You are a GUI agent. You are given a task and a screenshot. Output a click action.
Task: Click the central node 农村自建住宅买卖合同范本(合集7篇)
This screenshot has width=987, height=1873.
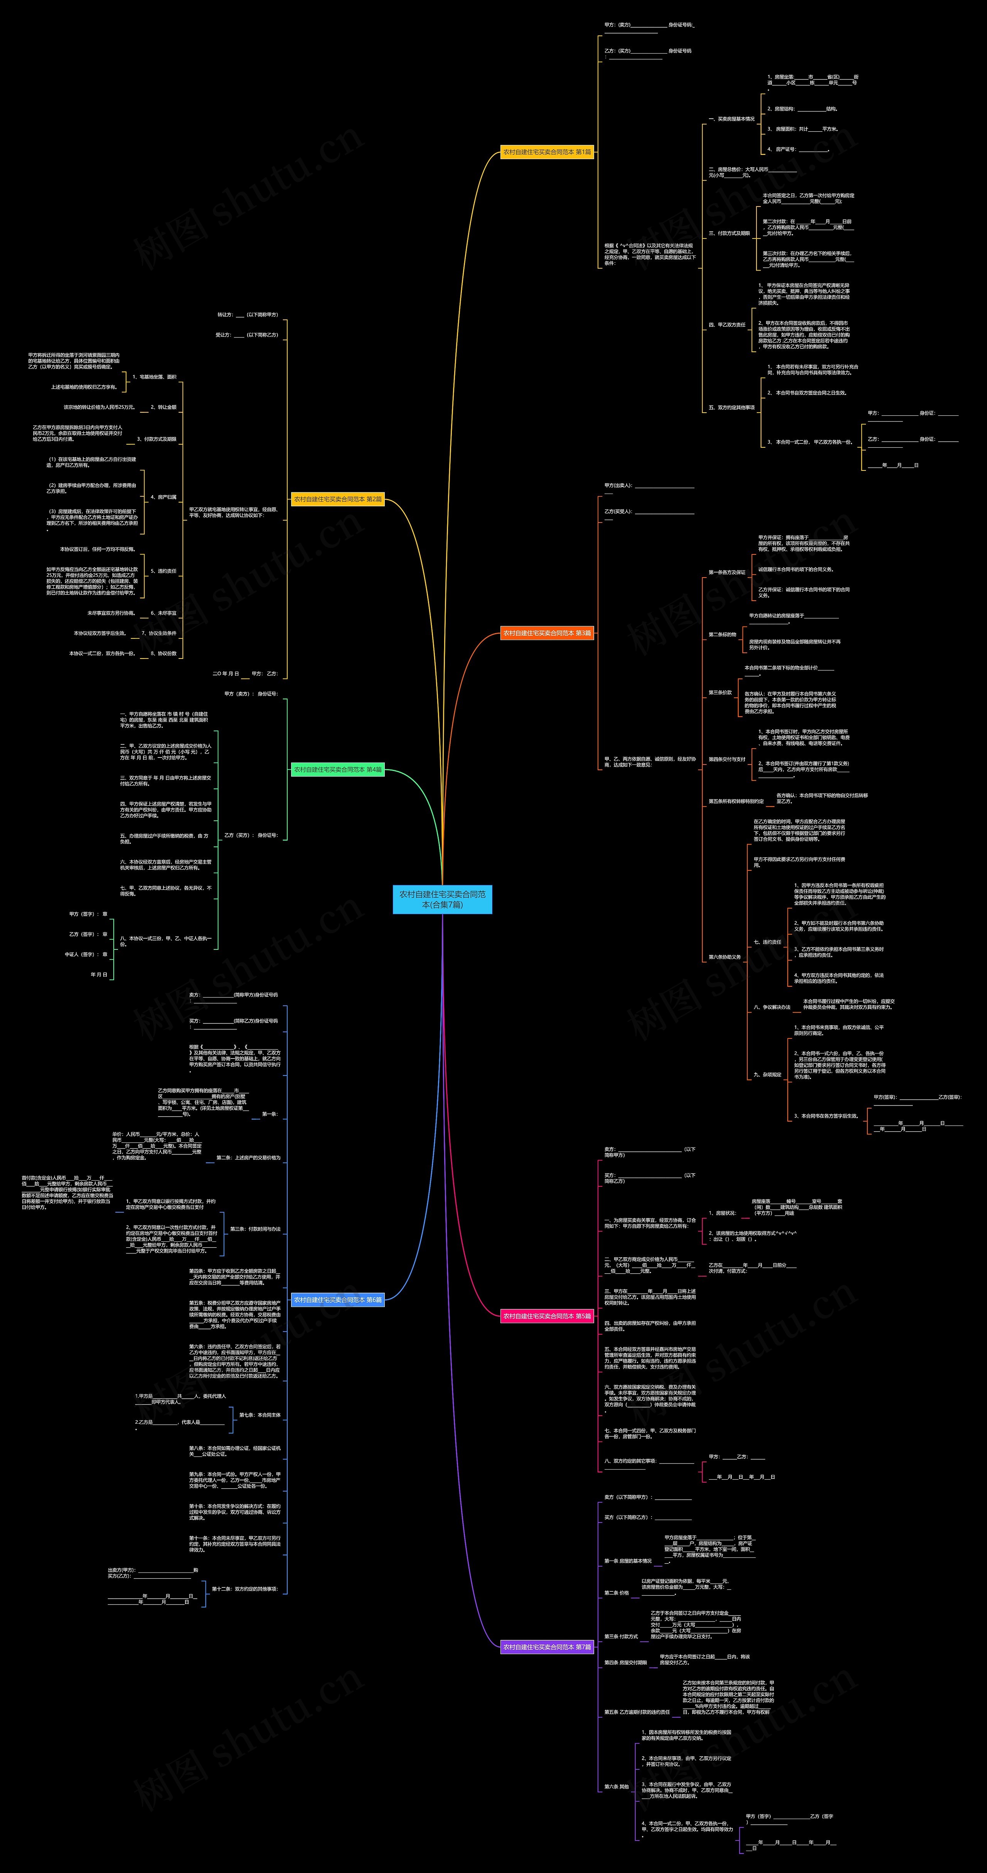coord(442,899)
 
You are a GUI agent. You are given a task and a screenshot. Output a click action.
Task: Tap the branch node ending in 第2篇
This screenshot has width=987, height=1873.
coord(337,499)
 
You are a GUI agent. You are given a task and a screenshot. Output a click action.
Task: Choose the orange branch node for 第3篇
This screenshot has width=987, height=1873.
coord(547,633)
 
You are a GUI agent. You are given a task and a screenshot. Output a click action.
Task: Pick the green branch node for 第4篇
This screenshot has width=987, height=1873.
coord(337,769)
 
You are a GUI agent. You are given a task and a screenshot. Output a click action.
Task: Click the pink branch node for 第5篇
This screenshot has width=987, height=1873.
coord(547,1316)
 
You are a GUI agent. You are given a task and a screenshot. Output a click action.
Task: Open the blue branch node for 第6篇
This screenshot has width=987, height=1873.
coord(337,1299)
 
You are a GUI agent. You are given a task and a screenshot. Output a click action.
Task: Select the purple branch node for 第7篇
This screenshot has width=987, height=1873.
coord(547,1647)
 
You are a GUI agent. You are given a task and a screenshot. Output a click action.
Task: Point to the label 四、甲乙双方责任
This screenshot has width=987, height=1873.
coord(728,325)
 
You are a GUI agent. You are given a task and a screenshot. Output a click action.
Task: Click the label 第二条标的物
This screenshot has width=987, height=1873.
coord(722,635)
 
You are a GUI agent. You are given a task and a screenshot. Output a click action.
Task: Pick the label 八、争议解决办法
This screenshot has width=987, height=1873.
coord(772,1007)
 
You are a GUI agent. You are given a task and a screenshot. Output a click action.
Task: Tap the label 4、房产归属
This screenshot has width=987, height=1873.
coord(163,497)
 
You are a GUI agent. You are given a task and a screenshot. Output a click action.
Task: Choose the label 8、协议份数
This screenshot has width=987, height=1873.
coord(163,653)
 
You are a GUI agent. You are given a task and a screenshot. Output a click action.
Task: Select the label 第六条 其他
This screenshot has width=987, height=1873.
coord(616,1786)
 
